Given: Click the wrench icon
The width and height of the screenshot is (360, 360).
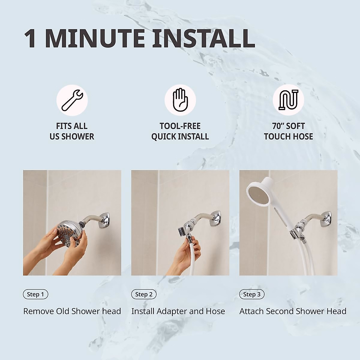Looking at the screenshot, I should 72,100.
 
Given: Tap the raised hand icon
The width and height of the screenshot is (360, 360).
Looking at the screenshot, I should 180,100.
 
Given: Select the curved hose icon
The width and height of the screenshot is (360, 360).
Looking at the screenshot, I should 288,100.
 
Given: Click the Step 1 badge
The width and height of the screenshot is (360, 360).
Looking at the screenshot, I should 35,294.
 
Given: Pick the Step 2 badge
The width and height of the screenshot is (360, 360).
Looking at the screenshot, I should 144,294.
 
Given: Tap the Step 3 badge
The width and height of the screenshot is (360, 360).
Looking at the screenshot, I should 252,294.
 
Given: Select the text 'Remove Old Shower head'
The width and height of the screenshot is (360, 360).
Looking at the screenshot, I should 72,311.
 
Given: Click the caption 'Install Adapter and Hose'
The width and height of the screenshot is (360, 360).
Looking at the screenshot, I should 178,311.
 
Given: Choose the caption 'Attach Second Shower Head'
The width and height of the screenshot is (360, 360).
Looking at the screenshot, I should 293,311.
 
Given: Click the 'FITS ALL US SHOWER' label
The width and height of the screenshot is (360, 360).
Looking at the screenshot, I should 72,131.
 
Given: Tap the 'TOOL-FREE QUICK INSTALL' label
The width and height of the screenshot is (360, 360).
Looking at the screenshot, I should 180,131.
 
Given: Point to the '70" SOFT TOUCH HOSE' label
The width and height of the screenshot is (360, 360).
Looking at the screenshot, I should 288,131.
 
